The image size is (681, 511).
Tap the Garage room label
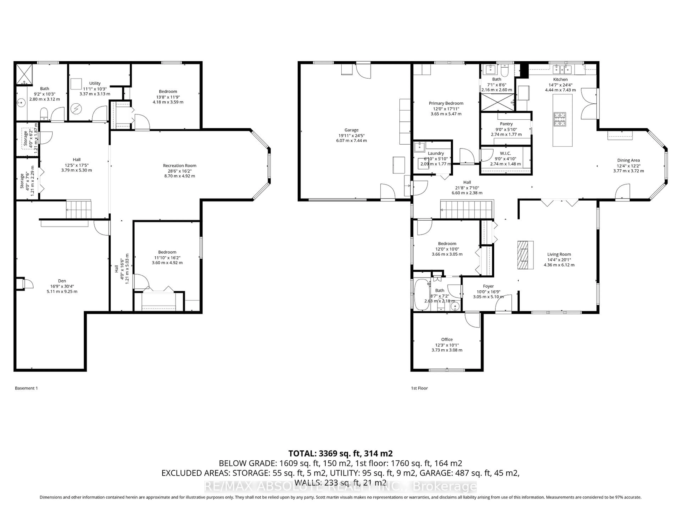[351, 130]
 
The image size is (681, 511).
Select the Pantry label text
[506, 124]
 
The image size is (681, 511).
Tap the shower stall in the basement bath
[24, 74]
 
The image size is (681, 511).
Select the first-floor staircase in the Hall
[467, 209]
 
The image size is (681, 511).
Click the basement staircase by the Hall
[79, 209]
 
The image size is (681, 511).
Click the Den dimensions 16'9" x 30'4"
[62, 286]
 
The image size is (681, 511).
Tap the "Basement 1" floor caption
[26, 388]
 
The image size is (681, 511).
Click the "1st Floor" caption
[419, 388]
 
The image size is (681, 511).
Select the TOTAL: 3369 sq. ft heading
[340, 453]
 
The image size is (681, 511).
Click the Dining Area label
[628, 160]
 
